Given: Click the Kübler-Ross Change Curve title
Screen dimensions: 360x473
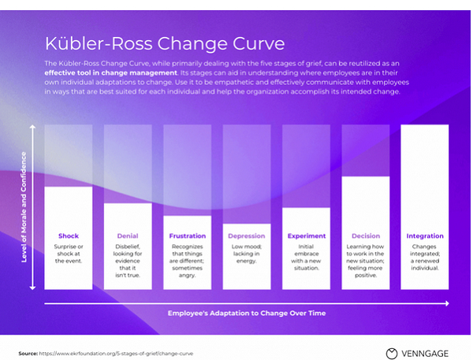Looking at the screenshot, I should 165,43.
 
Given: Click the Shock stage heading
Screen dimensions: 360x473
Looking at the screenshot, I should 69,236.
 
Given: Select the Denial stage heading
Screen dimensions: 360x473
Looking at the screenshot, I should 128,236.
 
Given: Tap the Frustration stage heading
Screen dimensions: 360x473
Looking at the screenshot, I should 188,236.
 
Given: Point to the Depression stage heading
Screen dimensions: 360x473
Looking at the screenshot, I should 247,236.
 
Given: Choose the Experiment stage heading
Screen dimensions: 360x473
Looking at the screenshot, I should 307,236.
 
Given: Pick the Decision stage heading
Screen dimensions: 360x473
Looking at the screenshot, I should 366,236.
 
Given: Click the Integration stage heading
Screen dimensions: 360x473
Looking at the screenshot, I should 425,236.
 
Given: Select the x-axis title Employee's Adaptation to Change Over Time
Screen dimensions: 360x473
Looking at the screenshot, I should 246,314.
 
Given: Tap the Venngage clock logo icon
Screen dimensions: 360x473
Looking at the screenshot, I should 392,353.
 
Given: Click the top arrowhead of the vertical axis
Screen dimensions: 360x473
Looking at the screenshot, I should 32,126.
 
